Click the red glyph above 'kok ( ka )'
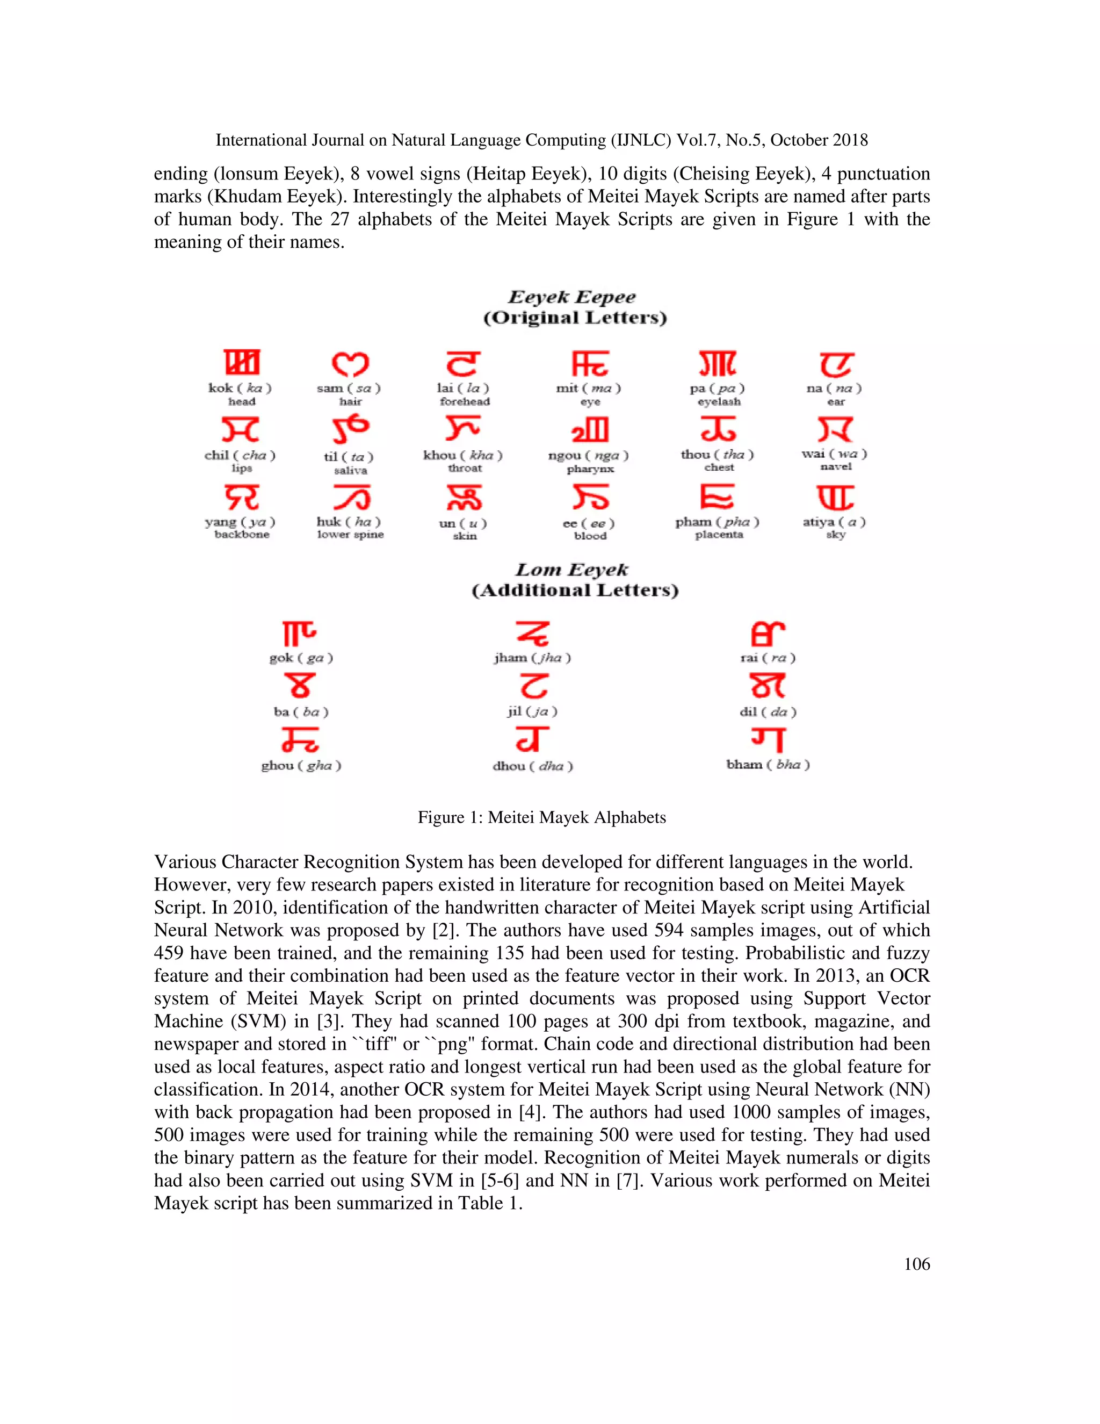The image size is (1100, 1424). tap(241, 363)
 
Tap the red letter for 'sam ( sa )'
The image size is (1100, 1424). tap(350, 364)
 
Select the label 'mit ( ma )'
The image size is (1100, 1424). tap(589, 389)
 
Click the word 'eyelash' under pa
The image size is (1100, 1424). tap(718, 401)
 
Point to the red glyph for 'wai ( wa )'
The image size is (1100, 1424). tap(835, 429)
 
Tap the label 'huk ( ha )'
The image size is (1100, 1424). tap(349, 522)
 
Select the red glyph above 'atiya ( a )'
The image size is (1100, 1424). tap(835, 498)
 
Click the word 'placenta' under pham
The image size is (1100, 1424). tap(718, 535)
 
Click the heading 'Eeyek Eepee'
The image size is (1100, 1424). tap(571, 297)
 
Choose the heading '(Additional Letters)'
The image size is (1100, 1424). tap(575, 591)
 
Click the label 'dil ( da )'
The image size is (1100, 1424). tap(768, 712)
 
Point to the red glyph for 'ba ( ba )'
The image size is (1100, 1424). tap(300, 686)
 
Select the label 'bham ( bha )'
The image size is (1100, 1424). tap(768, 765)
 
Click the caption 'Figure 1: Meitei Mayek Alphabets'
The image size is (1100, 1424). tap(541, 818)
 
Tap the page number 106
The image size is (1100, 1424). tap(916, 1264)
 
